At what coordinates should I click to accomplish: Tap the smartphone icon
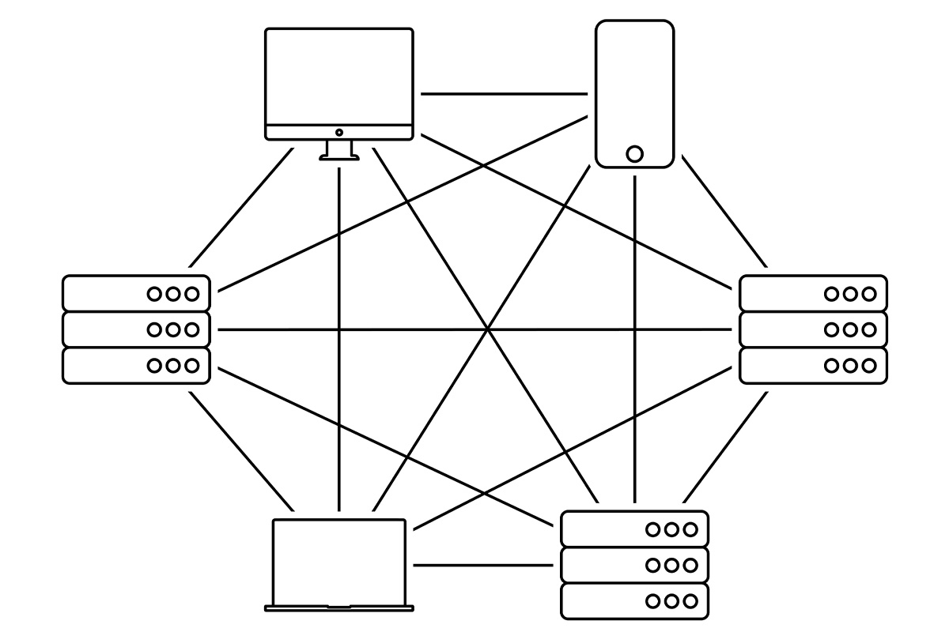(x=634, y=87)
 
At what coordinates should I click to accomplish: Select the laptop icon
(x=338, y=561)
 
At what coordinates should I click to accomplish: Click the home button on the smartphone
(x=634, y=153)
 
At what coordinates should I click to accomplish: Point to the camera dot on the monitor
(x=339, y=132)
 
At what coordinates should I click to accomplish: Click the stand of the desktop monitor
(x=339, y=150)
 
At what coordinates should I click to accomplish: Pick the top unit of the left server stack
(x=136, y=294)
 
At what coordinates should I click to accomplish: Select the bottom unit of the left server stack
(x=136, y=365)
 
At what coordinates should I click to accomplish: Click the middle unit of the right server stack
(x=813, y=329)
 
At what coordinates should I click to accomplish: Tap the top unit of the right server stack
(x=813, y=294)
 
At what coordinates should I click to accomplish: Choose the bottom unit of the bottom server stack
(x=634, y=601)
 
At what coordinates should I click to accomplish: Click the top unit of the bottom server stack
(x=634, y=529)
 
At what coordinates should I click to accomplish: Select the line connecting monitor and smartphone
(x=504, y=94)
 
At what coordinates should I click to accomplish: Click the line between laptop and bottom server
(x=482, y=565)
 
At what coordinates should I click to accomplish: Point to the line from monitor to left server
(x=241, y=207)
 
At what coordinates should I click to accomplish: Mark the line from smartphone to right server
(x=724, y=211)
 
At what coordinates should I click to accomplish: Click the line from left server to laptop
(x=241, y=451)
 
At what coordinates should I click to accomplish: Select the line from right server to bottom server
(x=725, y=447)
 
